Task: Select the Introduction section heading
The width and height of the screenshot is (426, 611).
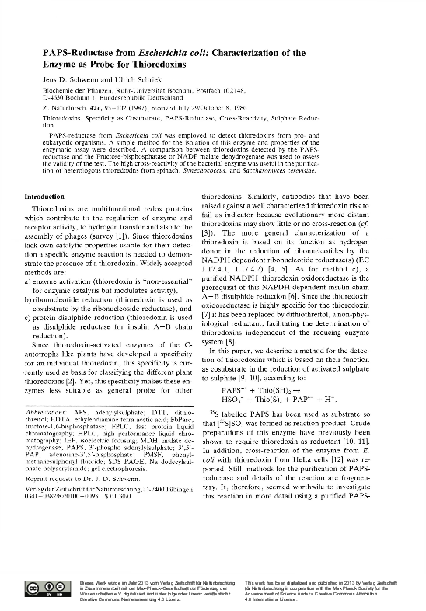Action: [x=45, y=197]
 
